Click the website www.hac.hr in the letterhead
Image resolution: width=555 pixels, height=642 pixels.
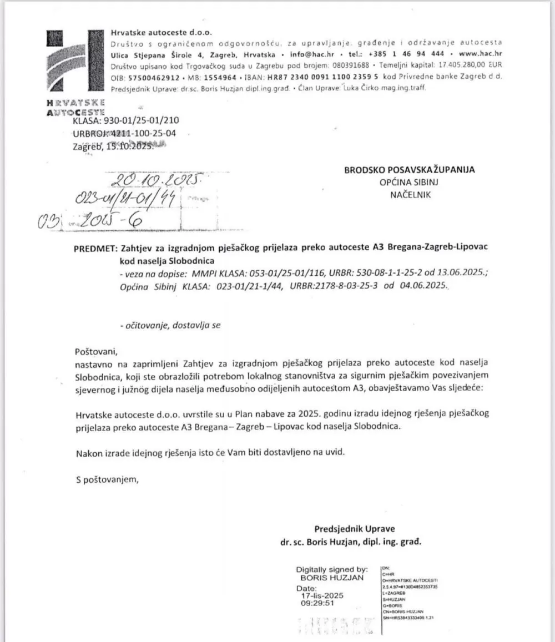coord(481,55)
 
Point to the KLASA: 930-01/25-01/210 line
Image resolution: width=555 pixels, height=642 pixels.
coord(125,120)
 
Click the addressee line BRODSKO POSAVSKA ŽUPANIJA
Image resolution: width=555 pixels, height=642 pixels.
coord(410,170)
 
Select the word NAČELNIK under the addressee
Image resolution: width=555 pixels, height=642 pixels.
coord(410,194)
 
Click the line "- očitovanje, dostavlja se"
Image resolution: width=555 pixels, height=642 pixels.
coord(170,326)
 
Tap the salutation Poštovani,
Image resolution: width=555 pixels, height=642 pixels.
coord(97,351)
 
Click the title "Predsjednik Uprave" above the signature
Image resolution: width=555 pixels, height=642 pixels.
coord(355,529)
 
